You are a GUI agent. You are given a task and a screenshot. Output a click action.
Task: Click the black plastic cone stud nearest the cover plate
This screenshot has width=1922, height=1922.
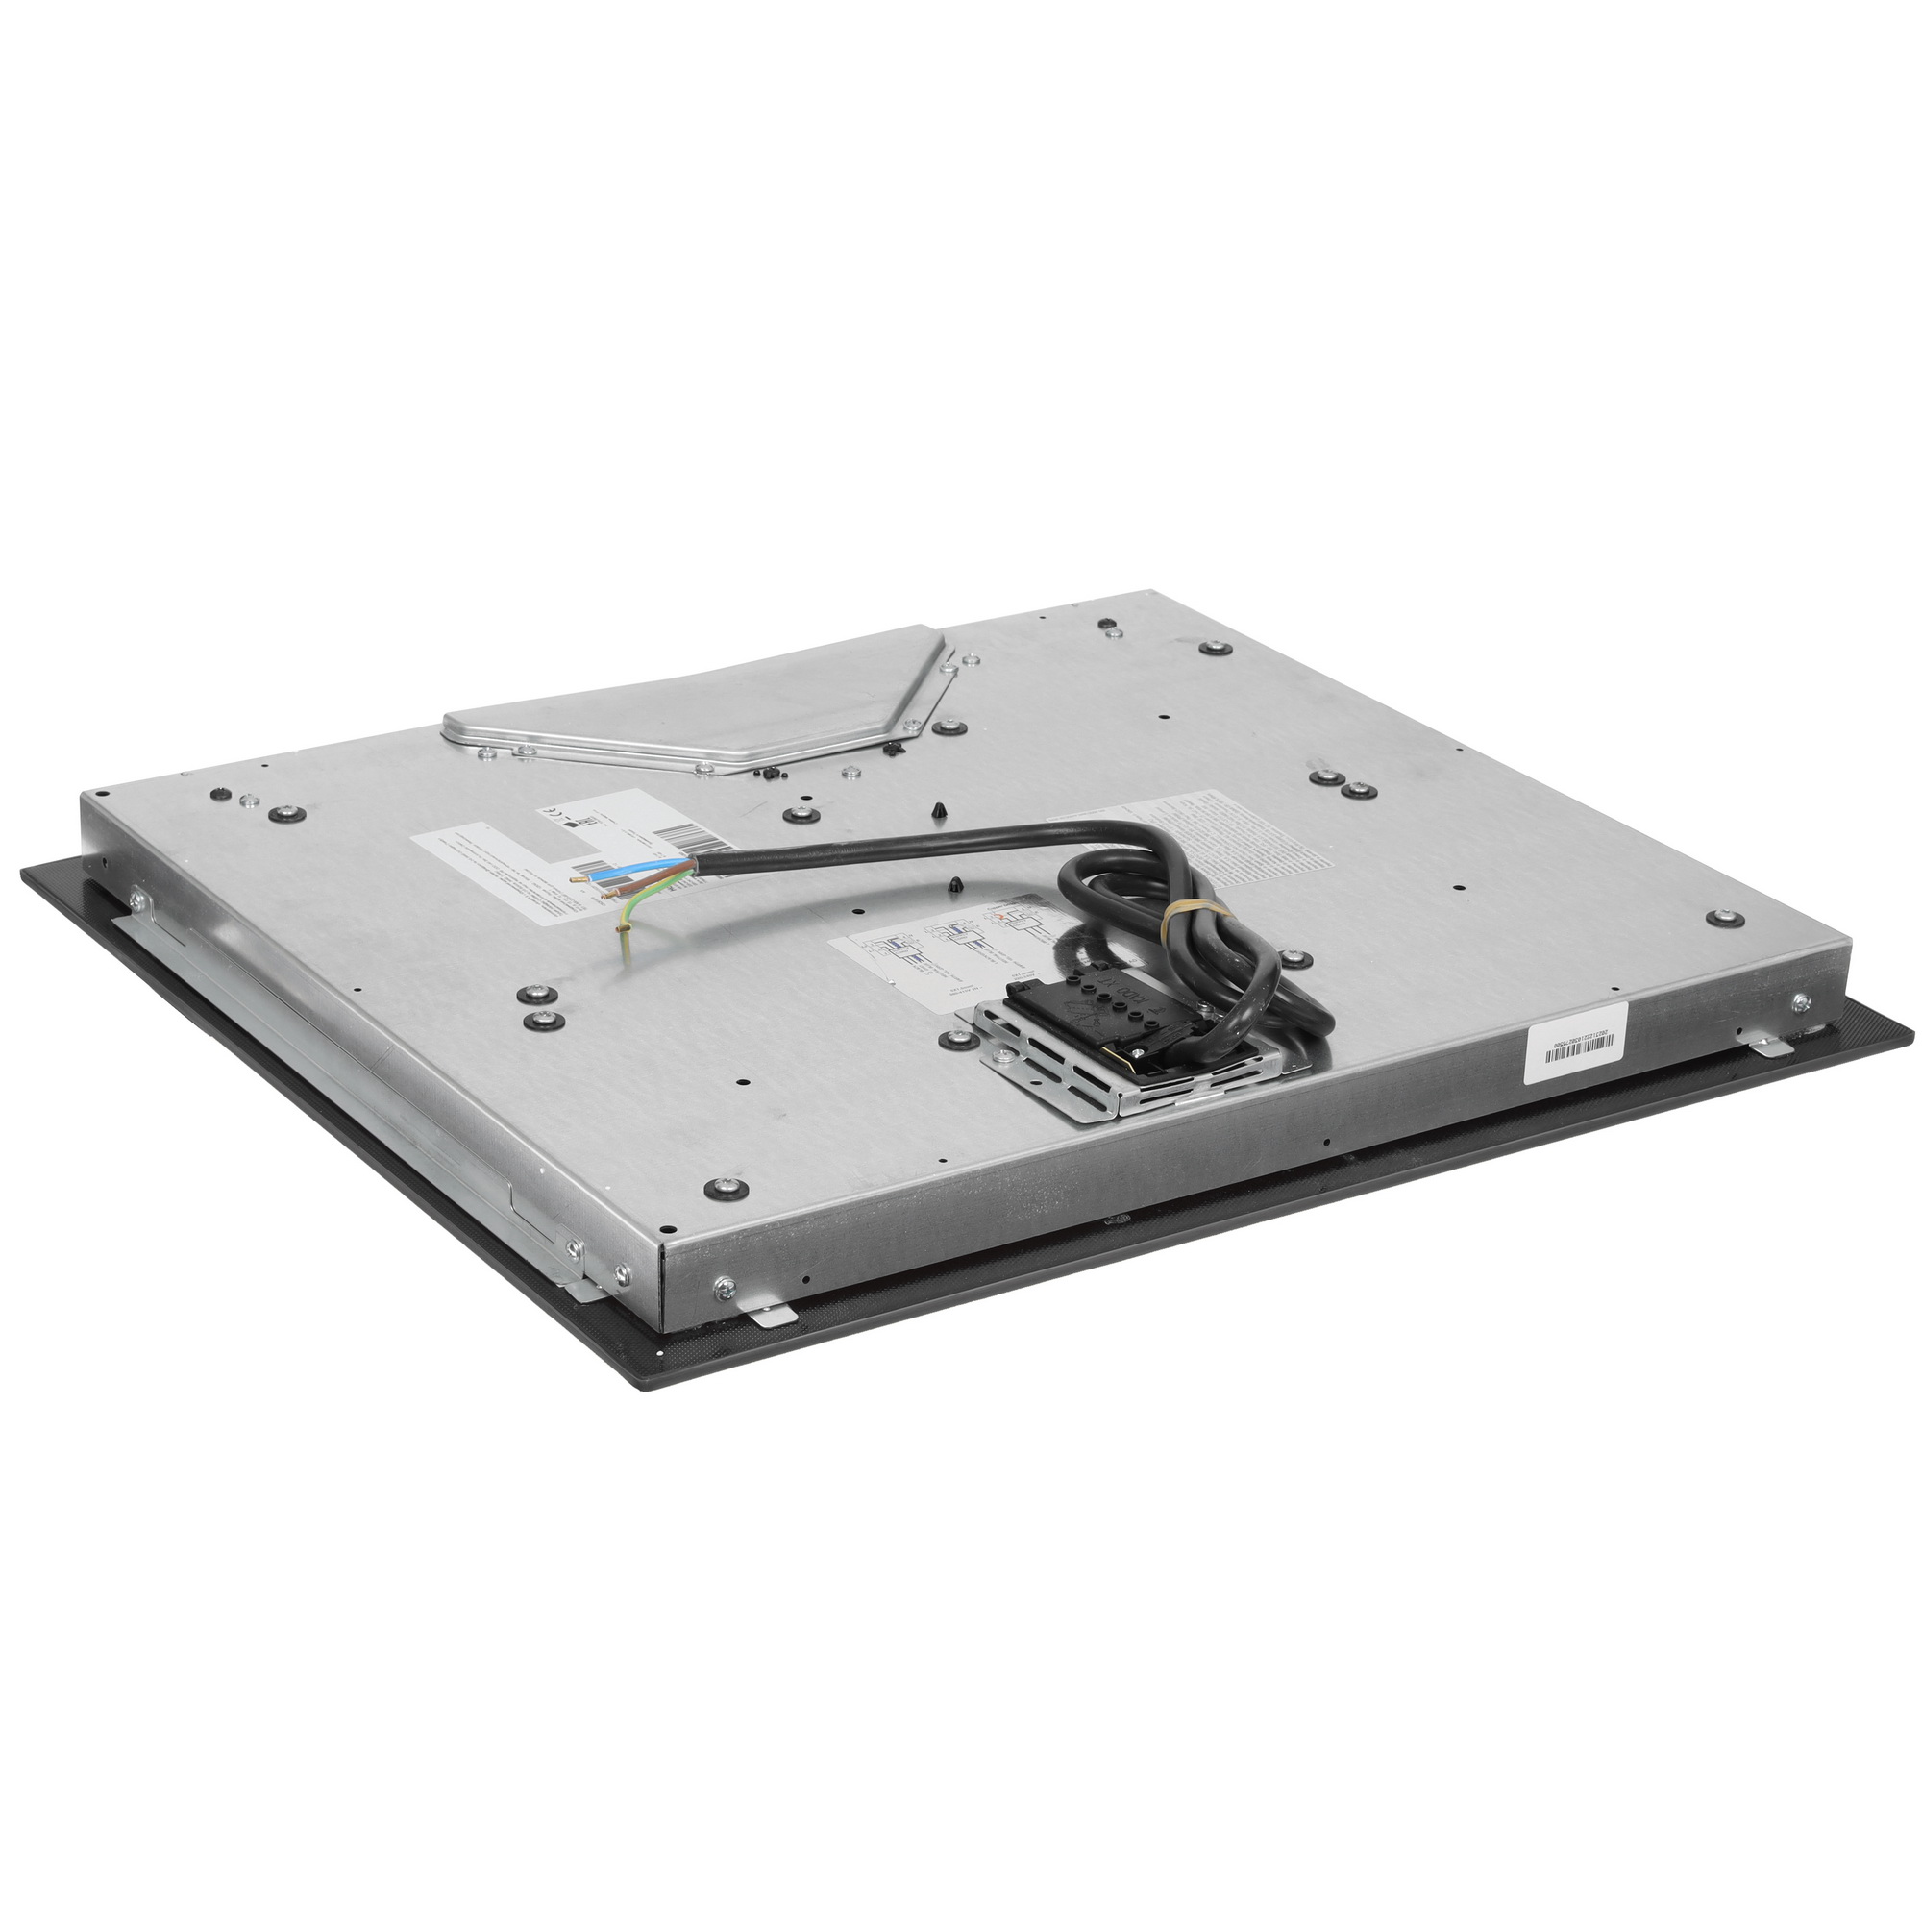coord(941,810)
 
